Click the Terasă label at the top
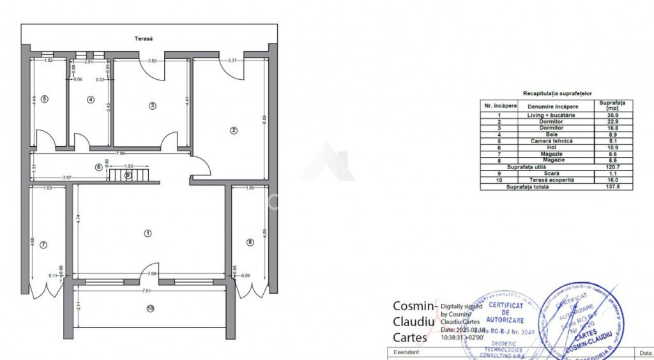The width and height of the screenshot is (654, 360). pyautogui.click(x=144, y=39)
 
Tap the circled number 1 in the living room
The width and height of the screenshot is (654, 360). pyautogui.click(x=148, y=233)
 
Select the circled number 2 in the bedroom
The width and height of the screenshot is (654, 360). pyautogui.click(x=234, y=130)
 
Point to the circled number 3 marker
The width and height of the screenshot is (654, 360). pyautogui.click(x=152, y=105)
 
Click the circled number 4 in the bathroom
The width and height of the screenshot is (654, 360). pyautogui.click(x=91, y=100)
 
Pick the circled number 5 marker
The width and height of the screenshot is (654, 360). pyautogui.click(x=44, y=100)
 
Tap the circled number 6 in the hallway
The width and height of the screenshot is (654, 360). pyautogui.click(x=98, y=167)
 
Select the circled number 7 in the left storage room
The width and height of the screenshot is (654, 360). pyautogui.click(x=43, y=244)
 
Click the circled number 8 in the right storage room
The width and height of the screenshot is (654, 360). pyautogui.click(x=250, y=241)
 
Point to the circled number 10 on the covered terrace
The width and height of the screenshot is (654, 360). pyautogui.click(x=150, y=308)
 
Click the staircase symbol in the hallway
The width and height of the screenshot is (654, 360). pyautogui.click(x=128, y=174)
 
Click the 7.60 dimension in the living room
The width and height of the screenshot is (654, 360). pyautogui.click(x=151, y=274)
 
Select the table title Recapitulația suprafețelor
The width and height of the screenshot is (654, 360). pyautogui.click(x=557, y=93)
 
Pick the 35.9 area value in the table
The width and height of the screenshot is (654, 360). pyautogui.click(x=612, y=116)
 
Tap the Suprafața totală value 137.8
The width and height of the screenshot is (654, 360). pyautogui.click(x=612, y=187)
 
